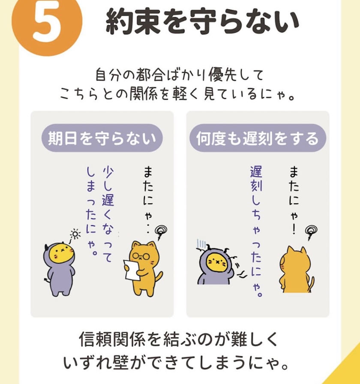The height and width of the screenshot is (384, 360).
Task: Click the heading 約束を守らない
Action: click(x=202, y=21)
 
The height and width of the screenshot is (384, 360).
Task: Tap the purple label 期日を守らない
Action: click(x=102, y=138)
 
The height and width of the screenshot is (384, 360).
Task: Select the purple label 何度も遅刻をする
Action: click(x=258, y=138)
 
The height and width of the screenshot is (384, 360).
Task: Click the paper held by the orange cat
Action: click(x=132, y=270)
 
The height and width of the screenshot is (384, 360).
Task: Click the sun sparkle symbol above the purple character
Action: click(x=75, y=234)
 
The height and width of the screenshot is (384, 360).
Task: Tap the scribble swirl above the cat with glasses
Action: click(x=161, y=232)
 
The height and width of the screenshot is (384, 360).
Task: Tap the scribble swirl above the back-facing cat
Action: click(x=311, y=232)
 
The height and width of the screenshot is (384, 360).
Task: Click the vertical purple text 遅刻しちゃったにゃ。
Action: click(x=256, y=232)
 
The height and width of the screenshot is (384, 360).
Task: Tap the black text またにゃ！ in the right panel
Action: click(x=294, y=200)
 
